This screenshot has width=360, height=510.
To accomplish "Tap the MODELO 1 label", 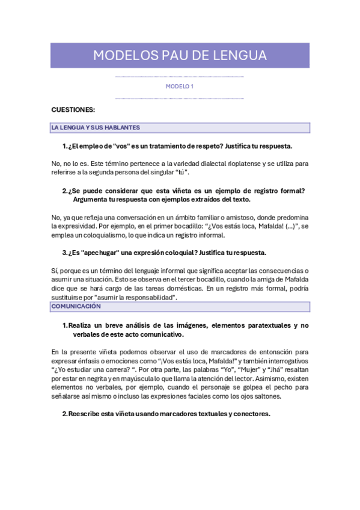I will pos(179,87).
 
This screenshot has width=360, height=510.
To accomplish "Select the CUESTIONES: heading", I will pos(73,109).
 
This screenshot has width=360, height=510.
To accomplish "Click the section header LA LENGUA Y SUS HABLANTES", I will pos(96,127).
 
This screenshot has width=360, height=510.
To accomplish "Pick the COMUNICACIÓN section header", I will pos(76,307).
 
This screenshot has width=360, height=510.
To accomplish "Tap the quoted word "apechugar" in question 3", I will pos(104,253).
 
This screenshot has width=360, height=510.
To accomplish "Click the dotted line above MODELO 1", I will pos(179,77).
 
